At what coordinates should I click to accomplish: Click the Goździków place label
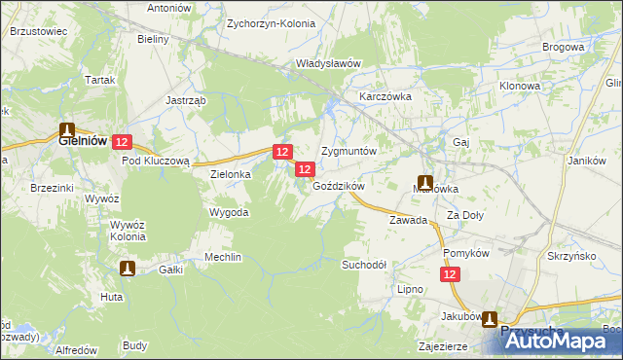coord(339,186)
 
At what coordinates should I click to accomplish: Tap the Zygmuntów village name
coord(348,153)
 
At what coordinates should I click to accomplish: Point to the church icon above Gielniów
coord(67,127)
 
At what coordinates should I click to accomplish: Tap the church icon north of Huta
coord(128,268)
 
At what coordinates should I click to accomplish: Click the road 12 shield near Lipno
coord(450,276)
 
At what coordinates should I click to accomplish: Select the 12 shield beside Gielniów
coord(121,142)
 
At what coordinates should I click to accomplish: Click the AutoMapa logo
coord(562,342)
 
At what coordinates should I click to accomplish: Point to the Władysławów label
coord(329,63)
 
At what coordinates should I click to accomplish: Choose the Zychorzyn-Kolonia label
coord(267,21)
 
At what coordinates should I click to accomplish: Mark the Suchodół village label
coord(364,265)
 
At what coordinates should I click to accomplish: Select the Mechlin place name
coord(222,257)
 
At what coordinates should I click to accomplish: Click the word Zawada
coord(409,221)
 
